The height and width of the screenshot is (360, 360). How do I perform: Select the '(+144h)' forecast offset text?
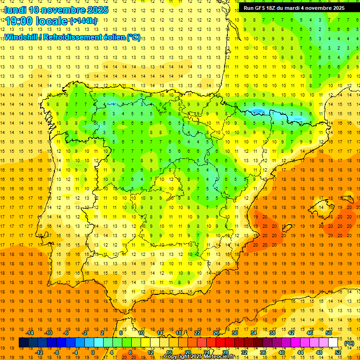[83, 21]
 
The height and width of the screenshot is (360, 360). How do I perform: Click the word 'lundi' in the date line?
[15, 10]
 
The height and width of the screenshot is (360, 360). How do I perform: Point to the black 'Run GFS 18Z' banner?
[294, 8]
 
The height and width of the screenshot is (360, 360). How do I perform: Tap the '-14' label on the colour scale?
[30, 332]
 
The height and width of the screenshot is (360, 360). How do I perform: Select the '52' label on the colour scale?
[338, 352]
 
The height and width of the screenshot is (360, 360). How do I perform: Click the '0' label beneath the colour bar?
[93, 352]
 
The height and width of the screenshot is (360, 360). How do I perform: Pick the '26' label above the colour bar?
[216, 332]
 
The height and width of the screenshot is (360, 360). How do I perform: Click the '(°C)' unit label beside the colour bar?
[349, 343]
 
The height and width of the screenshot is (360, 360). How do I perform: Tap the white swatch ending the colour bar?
[333, 343]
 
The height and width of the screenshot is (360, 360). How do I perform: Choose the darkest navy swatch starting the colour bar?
[23, 343]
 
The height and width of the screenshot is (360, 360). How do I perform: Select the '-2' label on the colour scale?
[85, 332]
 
